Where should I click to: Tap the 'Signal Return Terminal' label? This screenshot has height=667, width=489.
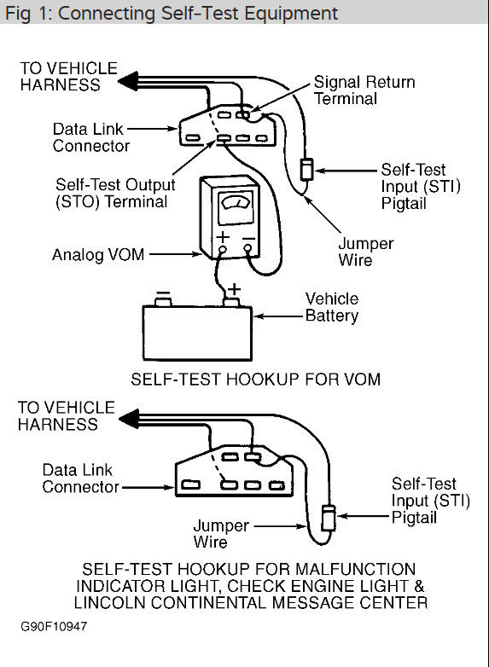point(364,91)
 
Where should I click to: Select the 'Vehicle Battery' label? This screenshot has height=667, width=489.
point(332,307)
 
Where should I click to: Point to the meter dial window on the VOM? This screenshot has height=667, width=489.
point(229,207)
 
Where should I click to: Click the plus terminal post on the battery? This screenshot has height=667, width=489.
point(230,299)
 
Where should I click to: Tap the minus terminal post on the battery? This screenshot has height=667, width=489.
point(162,299)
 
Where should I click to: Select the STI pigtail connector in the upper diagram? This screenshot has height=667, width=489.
point(306,168)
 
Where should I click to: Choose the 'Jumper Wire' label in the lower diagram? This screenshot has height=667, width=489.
point(222,533)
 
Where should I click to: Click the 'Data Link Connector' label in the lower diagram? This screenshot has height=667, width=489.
point(80,478)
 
